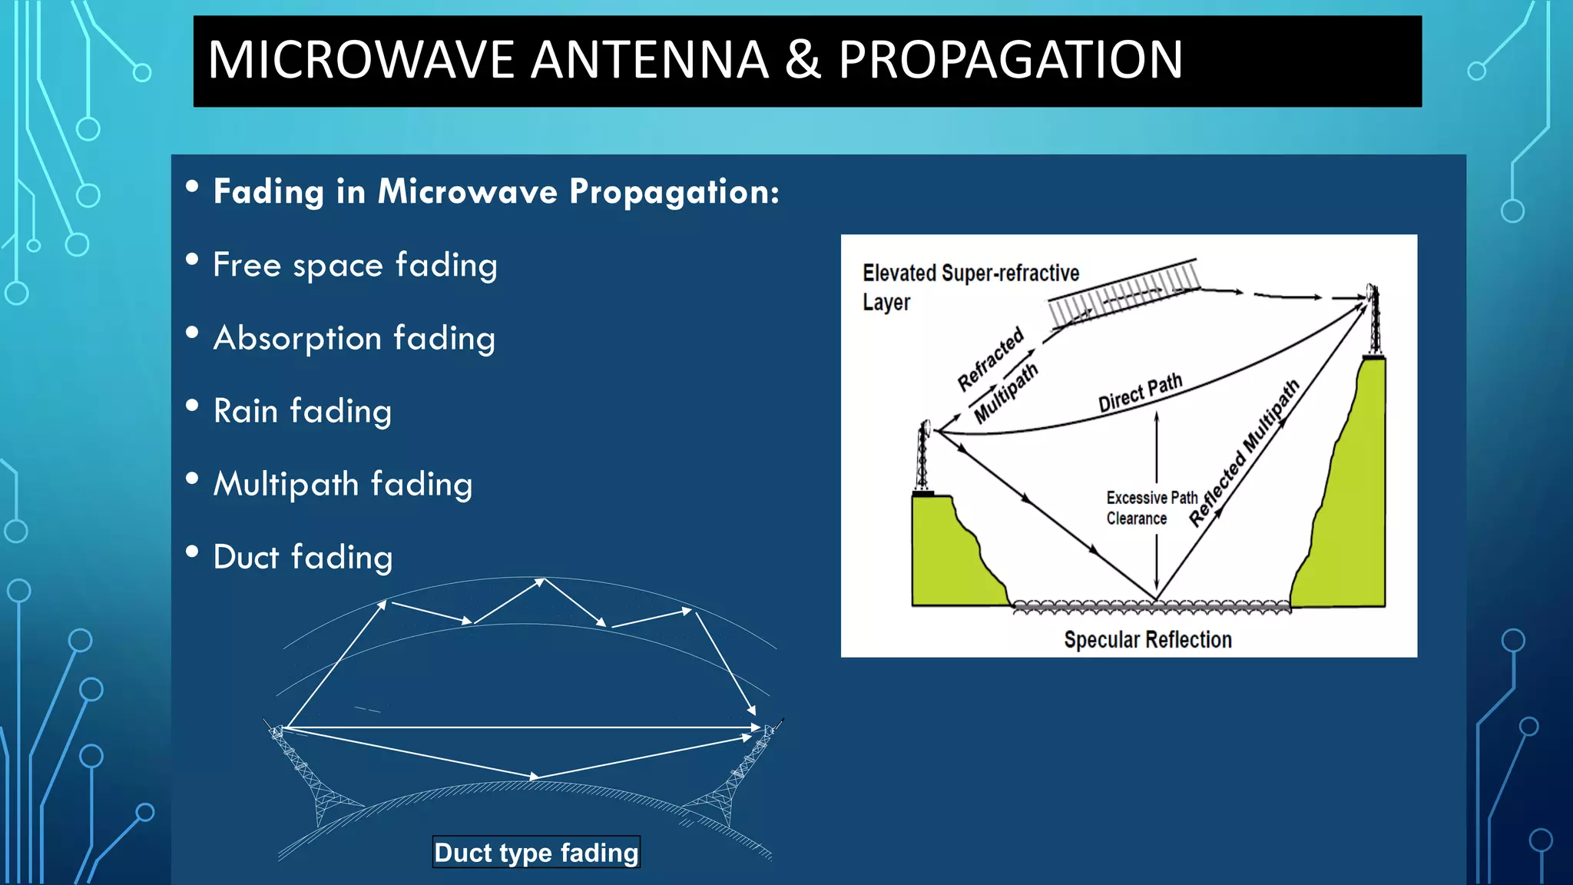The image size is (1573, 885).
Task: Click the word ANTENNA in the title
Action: click(650, 60)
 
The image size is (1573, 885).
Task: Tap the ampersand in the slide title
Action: click(803, 60)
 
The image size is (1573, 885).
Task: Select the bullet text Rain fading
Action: click(303, 411)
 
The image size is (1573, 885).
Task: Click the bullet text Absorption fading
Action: click(354, 338)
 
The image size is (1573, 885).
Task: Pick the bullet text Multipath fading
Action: click(343, 484)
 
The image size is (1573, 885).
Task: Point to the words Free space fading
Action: click(355, 265)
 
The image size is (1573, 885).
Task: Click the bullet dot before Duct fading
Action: click(192, 552)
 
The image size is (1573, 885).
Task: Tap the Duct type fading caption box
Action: click(536, 852)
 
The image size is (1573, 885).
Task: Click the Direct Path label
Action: click(1140, 393)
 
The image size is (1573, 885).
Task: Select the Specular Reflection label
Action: click(1147, 639)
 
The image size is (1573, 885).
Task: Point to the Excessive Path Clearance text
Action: click(1151, 508)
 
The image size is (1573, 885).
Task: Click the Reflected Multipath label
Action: click(1243, 453)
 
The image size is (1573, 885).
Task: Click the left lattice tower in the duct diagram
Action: click(307, 776)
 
